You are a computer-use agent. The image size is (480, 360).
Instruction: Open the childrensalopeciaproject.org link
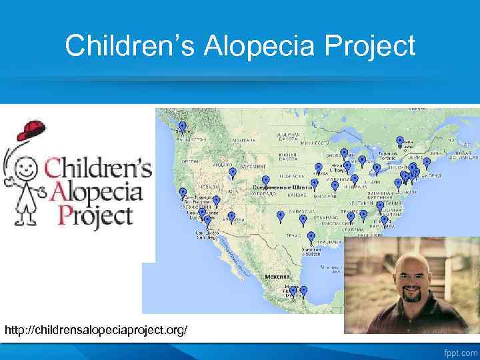pyautogui.click(x=96, y=330)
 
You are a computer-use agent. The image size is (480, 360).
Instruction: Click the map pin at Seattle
pyautogui.click(x=182, y=126)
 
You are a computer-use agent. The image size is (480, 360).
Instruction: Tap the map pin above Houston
pyautogui.click(x=311, y=237)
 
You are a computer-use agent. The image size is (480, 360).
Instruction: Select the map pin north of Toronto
pyautogui.click(x=400, y=141)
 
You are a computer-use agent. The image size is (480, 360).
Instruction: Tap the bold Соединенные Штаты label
pyautogui.click(x=280, y=188)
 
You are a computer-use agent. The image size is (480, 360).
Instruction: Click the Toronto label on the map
pyautogui.click(x=389, y=155)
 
